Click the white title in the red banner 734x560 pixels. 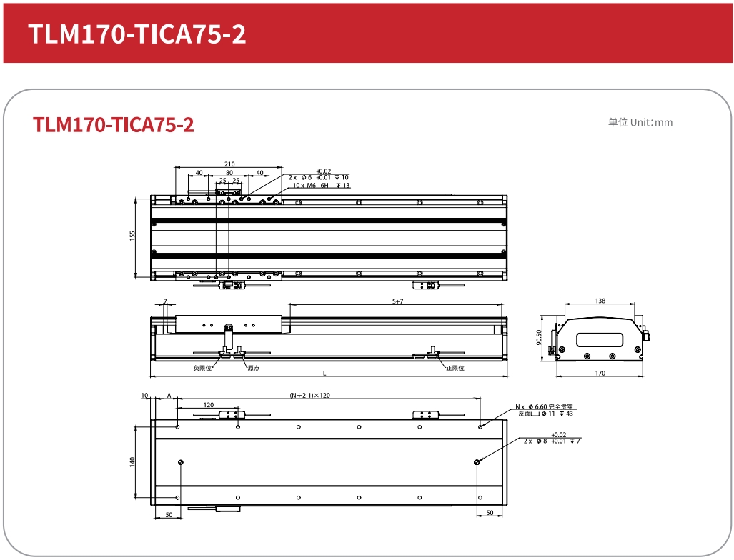click(137, 34)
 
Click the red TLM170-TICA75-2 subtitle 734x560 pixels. click(114, 125)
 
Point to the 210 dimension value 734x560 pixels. click(229, 164)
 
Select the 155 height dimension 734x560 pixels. click(132, 235)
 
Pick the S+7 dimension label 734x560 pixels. click(397, 301)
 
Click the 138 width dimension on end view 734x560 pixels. click(600, 301)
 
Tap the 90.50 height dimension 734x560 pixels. click(539, 337)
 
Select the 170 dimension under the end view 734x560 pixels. click(600, 374)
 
